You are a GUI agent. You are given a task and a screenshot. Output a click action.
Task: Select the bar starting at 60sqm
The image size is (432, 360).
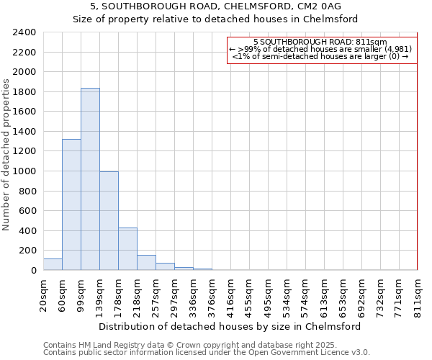click(71, 204)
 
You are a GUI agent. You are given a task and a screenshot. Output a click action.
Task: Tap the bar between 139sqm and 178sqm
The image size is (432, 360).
click(109, 220)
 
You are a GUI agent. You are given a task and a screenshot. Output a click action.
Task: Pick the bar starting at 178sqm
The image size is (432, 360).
click(127, 249)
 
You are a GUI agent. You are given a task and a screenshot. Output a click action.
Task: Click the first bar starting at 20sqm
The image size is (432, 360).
click(53, 264)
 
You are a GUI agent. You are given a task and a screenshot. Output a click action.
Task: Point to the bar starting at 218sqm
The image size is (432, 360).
click(146, 263)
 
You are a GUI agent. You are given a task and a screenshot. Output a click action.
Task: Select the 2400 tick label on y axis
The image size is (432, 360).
click(24, 33)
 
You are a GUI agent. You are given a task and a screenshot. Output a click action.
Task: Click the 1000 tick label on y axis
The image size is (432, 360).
click(24, 171)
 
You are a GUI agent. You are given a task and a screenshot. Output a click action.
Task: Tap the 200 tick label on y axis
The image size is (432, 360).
click(27, 251)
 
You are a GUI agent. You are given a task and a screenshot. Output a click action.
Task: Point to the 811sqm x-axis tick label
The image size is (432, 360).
click(418, 295)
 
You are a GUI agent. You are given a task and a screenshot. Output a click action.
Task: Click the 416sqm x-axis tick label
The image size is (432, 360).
click(230, 295)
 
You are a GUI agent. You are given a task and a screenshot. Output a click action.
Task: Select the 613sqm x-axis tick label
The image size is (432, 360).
click(324, 295)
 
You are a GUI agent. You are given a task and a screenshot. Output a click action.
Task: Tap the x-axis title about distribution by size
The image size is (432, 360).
click(230, 326)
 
